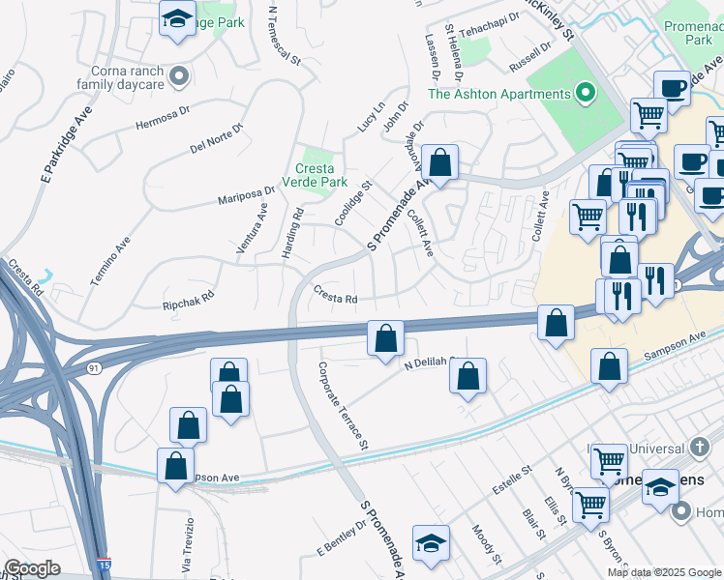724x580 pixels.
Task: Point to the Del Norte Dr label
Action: (217, 139)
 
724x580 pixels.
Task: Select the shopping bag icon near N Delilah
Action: (468, 376)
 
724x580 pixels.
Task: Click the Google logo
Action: (32, 569)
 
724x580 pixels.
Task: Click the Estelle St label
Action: (514, 481)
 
